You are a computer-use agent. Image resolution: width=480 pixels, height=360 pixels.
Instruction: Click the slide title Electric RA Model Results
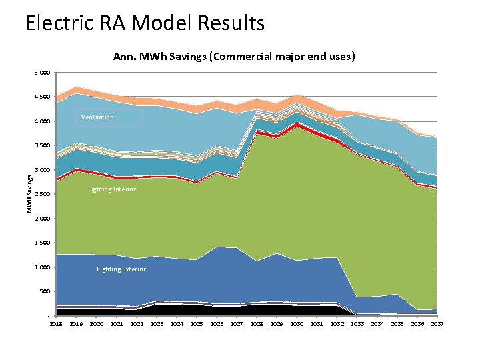(x=145, y=23)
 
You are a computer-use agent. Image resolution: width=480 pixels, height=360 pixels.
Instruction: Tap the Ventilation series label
(x=97, y=117)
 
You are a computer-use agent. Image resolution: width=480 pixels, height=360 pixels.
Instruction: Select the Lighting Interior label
(x=112, y=189)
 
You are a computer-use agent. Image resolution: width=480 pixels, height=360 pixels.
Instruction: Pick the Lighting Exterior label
(x=121, y=269)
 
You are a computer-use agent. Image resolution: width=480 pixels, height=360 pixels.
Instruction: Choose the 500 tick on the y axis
(x=44, y=291)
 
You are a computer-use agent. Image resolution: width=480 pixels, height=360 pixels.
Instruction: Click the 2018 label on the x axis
(x=57, y=324)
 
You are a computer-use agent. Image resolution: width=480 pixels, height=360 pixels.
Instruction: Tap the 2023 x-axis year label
(x=157, y=324)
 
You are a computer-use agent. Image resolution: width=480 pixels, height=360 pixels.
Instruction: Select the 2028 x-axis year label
(x=257, y=324)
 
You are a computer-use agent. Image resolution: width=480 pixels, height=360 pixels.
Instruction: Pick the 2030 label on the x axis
(x=297, y=324)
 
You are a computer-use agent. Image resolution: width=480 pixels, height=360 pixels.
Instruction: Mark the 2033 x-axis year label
(x=357, y=324)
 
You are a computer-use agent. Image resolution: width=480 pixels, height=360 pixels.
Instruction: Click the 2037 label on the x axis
(x=437, y=324)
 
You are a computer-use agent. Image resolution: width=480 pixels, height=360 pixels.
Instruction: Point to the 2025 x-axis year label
(x=197, y=324)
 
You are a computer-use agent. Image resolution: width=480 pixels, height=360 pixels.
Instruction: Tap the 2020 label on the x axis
(x=97, y=324)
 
